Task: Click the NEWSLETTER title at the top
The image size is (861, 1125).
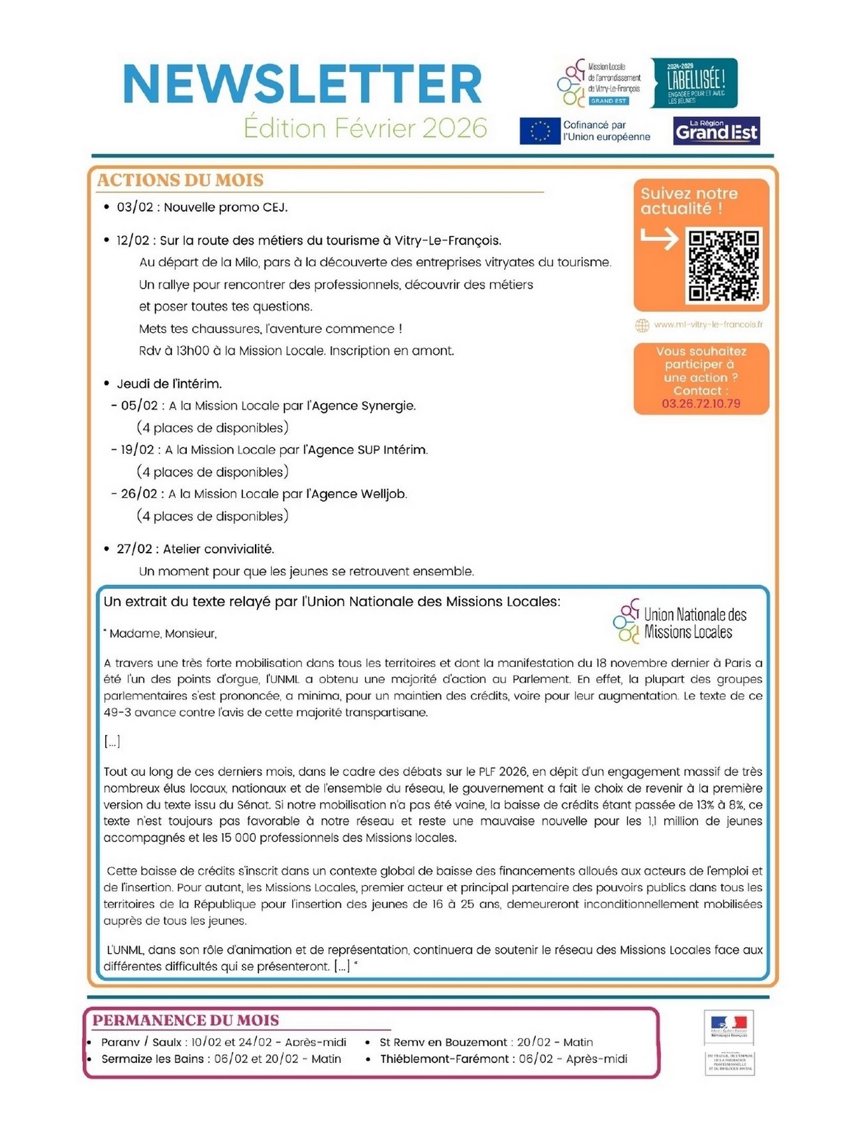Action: (x=303, y=84)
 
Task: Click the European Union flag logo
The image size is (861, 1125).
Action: (x=540, y=131)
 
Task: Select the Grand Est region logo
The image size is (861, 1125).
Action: (x=716, y=131)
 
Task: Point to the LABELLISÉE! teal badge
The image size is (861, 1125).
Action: (x=694, y=83)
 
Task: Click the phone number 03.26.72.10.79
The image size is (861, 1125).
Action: (x=701, y=404)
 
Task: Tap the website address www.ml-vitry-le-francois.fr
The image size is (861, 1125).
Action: (x=707, y=325)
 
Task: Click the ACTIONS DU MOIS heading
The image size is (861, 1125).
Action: (x=180, y=180)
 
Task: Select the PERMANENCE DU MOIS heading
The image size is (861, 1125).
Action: (x=185, y=1020)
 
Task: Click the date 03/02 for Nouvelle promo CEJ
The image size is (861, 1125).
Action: (x=134, y=207)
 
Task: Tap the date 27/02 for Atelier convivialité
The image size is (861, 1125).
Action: (x=134, y=549)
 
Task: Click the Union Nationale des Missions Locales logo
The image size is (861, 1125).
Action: (x=680, y=622)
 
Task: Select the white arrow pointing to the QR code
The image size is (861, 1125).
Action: (x=660, y=238)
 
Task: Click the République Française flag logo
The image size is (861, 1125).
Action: (x=729, y=1026)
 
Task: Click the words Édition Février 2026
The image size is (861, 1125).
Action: (x=365, y=128)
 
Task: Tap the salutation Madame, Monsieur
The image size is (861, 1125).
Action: (x=163, y=633)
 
